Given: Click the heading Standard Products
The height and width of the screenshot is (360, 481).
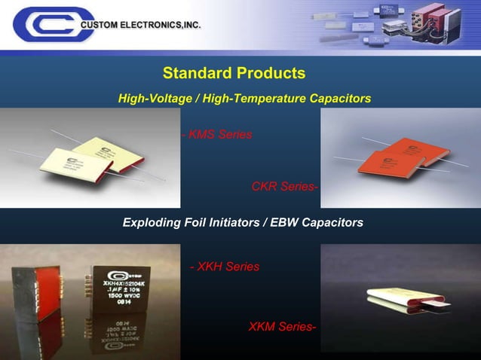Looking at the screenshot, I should tap(234, 73).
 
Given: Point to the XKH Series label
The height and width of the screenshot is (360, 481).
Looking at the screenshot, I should tap(227, 267).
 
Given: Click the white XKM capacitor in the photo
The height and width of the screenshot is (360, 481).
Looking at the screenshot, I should tap(400, 301).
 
